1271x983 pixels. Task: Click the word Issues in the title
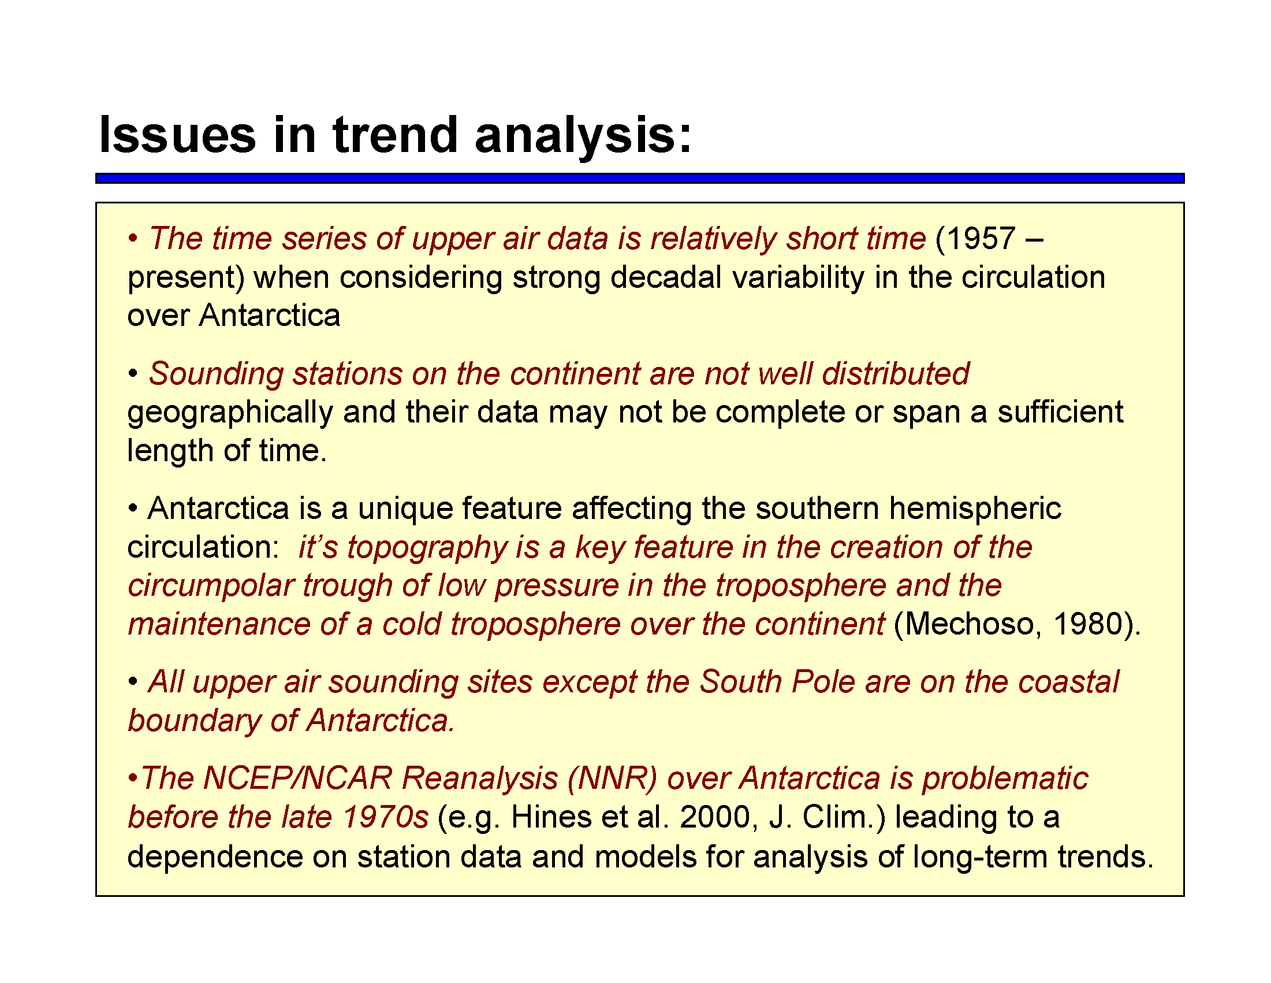(177, 135)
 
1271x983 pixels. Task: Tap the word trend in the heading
(396, 135)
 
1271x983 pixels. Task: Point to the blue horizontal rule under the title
(640, 178)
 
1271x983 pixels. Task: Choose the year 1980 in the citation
(1088, 624)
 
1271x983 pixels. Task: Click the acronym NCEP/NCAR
(299, 778)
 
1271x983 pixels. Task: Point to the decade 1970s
(385, 817)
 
